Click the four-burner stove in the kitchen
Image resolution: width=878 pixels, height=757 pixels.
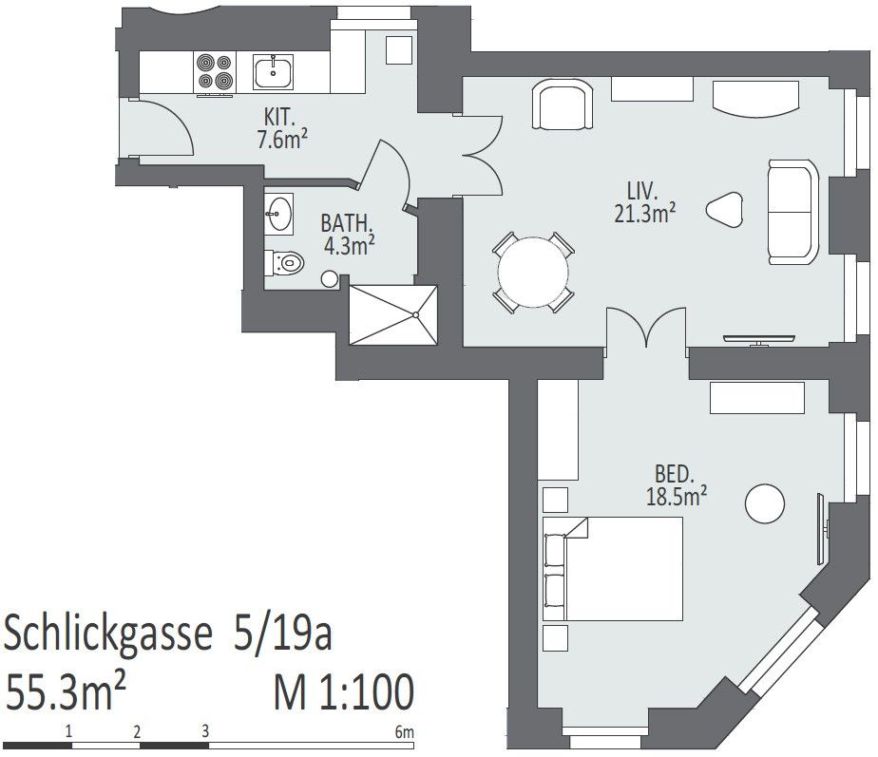[x=215, y=73]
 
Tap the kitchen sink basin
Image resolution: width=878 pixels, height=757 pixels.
[x=273, y=72]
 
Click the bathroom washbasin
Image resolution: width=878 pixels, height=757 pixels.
[x=278, y=214]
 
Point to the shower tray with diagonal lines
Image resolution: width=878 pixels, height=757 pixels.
[x=393, y=315]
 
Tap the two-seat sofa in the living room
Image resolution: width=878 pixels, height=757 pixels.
[x=792, y=212]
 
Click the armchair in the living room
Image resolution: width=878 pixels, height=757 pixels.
[x=563, y=104]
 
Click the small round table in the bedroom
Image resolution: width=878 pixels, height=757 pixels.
[x=764, y=503]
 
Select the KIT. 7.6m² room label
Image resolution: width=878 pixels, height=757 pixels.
[x=282, y=129]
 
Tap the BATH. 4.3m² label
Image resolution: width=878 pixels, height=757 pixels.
[x=347, y=235]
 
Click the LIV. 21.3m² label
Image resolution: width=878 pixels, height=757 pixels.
[x=644, y=202]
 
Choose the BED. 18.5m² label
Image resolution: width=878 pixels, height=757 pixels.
[x=676, y=485]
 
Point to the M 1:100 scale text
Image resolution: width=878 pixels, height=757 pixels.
[x=344, y=692]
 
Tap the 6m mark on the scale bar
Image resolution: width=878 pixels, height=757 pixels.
[x=404, y=731]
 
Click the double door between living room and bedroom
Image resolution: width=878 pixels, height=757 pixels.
[x=647, y=328]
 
